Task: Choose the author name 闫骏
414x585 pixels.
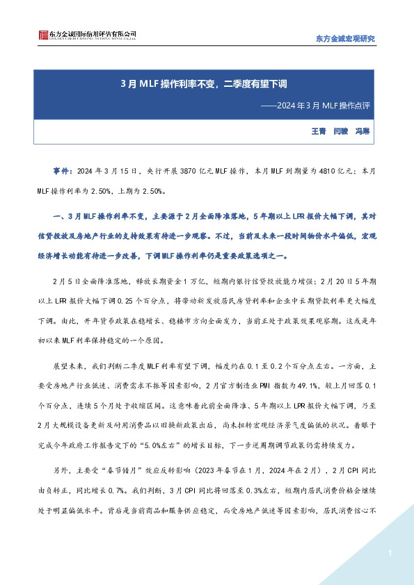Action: [342, 131]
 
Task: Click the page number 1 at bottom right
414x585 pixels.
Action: [391, 553]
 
